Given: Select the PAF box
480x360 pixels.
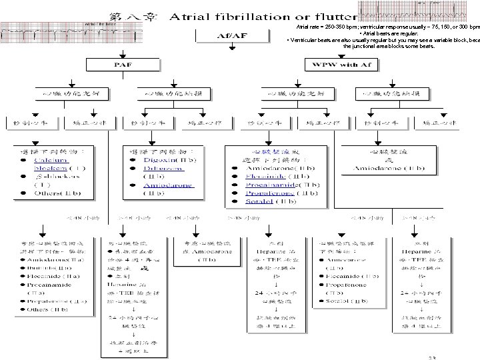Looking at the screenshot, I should [x=122, y=65].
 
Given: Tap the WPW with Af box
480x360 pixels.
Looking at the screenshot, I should [x=340, y=65].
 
